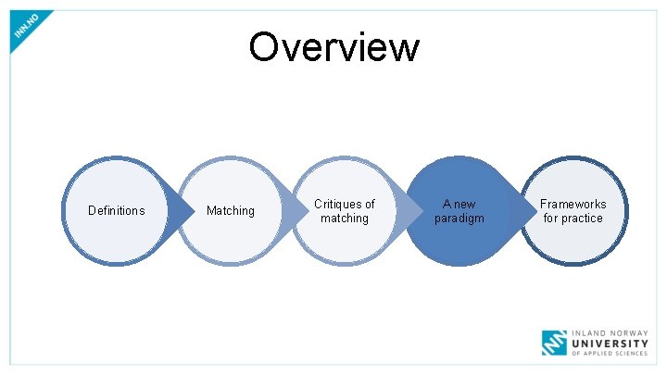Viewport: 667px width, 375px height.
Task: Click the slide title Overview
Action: pyautogui.click(x=333, y=46)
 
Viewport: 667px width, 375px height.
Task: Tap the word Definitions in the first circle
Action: pyautogui.click(x=116, y=210)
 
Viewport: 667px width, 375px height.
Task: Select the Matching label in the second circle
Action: pyautogui.click(x=231, y=210)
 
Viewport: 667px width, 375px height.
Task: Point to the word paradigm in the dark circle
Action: pyautogui.click(x=459, y=219)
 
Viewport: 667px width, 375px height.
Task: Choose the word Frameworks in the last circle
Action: pyautogui.click(x=573, y=204)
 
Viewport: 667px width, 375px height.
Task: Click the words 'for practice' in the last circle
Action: pyautogui.click(x=573, y=219)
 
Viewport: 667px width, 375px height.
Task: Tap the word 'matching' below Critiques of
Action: pyautogui.click(x=345, y=219)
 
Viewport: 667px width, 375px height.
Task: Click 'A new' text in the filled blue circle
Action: pyautogui.click(x=459, y=204)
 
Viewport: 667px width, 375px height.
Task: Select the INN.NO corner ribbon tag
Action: pyautogui.click(x=28, y=30)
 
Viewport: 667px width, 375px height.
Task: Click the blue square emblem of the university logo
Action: pyautogui.click(x=554, y=343)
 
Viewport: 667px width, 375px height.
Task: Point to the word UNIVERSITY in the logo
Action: pyautogui.click(x=612, y=342)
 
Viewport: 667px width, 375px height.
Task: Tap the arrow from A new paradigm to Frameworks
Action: pyautogui.click(x=523, y=211)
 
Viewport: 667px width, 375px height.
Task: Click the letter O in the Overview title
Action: pyautogui.click(x=263, y=46)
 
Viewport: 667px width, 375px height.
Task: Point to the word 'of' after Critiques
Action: pyautogui.click(x=369, y=204)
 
